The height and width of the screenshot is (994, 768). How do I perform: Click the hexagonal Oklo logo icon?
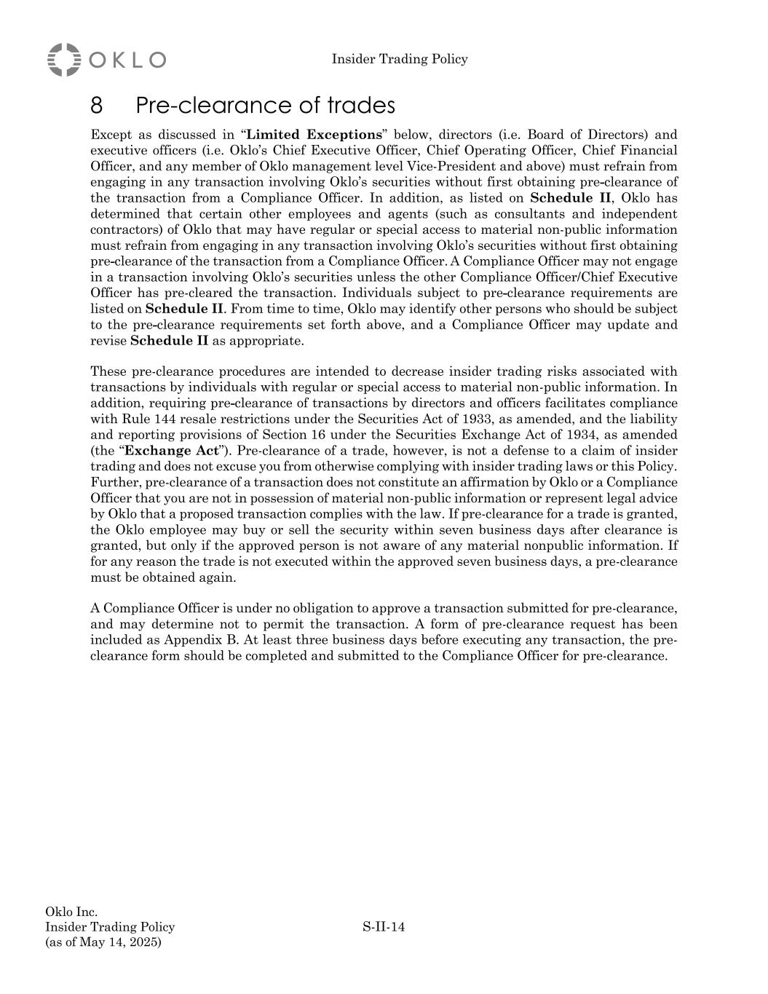point(64,59)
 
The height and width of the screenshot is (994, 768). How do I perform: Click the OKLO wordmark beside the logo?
point(127,60)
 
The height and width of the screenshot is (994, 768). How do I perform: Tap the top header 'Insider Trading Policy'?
point(400,59)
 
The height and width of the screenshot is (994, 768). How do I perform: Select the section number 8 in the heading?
point(97,106)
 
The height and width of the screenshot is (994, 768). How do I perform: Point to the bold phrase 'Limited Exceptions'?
point(314,135)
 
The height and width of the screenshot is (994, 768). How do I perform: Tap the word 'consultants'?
point(531,214)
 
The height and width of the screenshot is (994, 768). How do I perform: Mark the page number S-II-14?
point(384,927)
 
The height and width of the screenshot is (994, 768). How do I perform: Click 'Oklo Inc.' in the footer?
point(71,912)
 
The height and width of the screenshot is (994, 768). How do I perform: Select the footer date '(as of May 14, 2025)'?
point(103,942)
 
